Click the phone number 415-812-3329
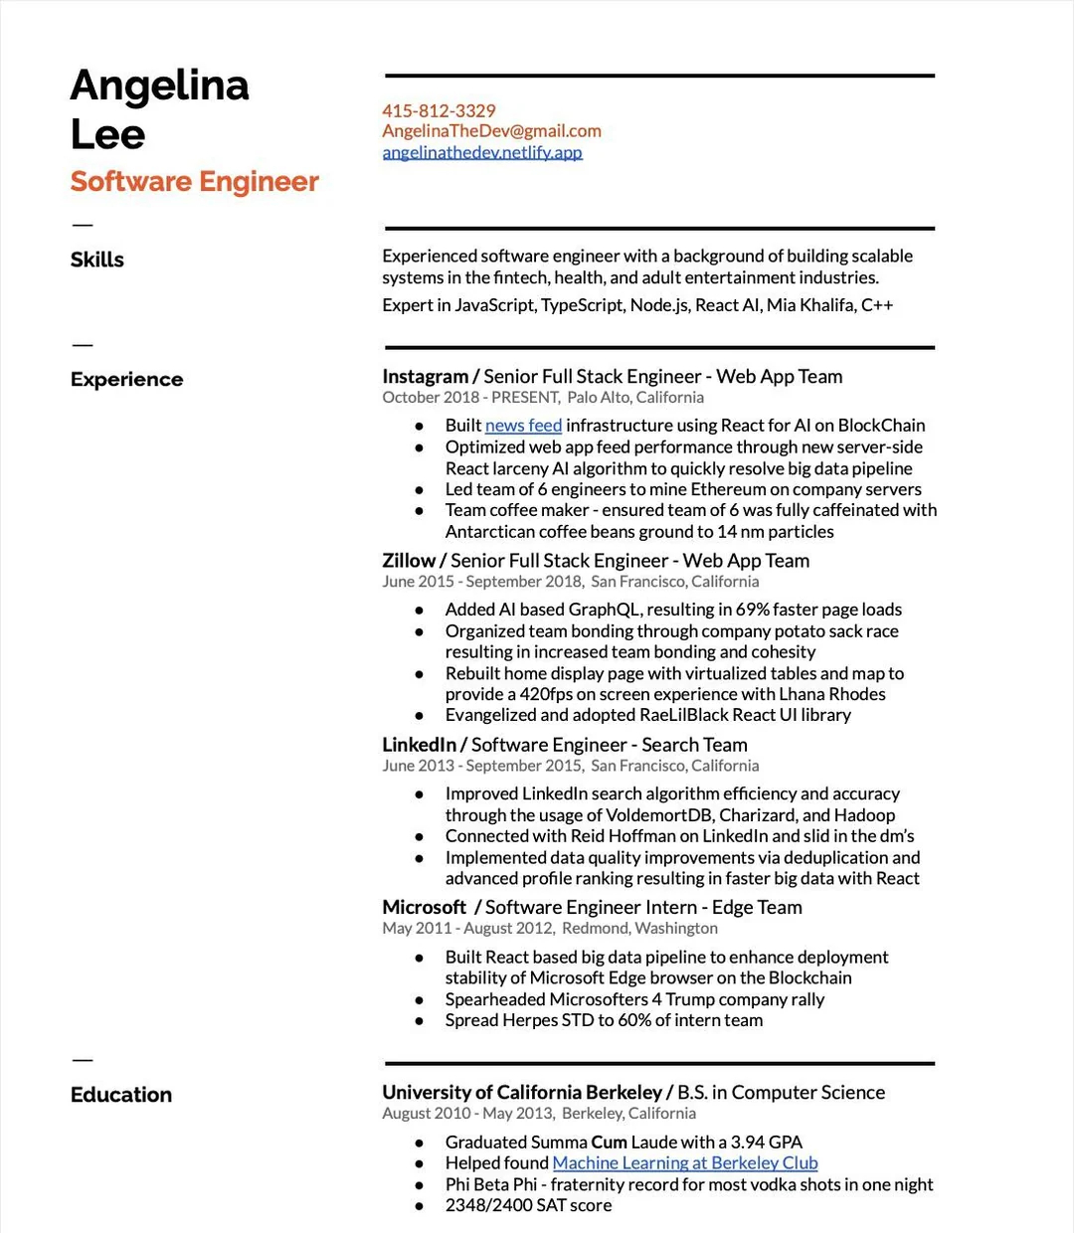pyautogui.click(x=439, y=110)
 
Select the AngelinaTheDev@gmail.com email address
pyautogui.click(x=491, y=131)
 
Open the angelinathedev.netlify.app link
pyautogui.click(x=482, y=152)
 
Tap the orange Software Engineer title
pyautogui.click(x=195, y=182)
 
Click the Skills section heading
pyautogui.click(x=97, y=260)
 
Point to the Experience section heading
pyautogui.click(x=127, y=379)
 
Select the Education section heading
pyautogui.click(x=121, y=1095)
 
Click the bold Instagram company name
pyautogui.click(x=425, y=377)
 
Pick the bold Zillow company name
pyautogui.click(x=409, y=561)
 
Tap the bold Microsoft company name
pyautogui.click(x=424, y=908)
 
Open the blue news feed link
pyautogui.click(x=523, y=426)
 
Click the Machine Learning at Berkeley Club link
pyautogui.click(x=685, y=1163)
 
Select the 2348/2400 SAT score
pyautogui.click(x=528, y=1205)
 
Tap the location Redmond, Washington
pyautogui.click(x=639, y=929)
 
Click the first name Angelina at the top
pyautogui.click(x=160, y=86)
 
